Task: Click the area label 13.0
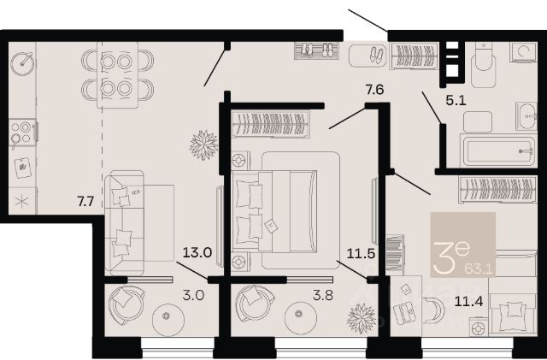(x=197, y=252)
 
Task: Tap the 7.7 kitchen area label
(x=85, y=202)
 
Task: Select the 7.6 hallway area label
(x=374, y=90)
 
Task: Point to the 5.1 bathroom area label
(x=456, y=101)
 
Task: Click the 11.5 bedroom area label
(x=361, y=253)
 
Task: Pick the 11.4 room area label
(x=468, y=301)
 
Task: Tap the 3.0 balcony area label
(x=194, y=295)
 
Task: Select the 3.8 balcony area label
(x=323, y=295)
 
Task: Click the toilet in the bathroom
(x=483, y=65)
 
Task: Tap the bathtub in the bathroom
(x=498, y=150)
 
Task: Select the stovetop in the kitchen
(x=22, y=133)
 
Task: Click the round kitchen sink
(x=23, y=64)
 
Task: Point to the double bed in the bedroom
(x=275, y=211)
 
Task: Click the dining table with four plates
(x=118, y=74)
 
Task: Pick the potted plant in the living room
(x=203, y=145)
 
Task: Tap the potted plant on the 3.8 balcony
(x=362, y=318)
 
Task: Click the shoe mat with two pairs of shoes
(x=316, y=50)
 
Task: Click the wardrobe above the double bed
(x=271, y=124)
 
